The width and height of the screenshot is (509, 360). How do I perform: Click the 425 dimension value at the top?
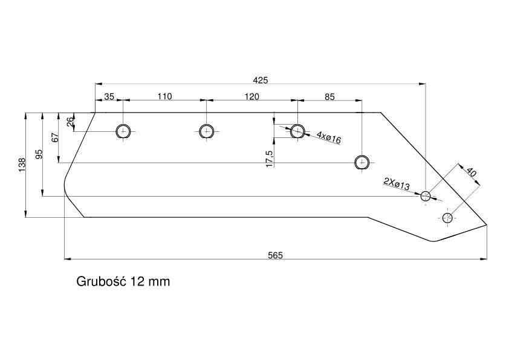pos(261,80)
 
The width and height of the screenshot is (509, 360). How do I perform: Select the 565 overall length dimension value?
pos(275,255)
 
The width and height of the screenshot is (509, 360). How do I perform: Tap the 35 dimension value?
pos(109,96)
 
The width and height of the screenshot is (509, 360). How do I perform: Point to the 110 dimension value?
pos(164,96)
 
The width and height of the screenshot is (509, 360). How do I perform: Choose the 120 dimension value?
pos(252,96)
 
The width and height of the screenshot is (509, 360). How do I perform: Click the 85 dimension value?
pos(329,97)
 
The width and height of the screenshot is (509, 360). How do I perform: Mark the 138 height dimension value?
pos(22,165)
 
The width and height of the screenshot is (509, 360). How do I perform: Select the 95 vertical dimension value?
pos(39,154)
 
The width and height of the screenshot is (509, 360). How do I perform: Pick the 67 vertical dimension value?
pos(55,137)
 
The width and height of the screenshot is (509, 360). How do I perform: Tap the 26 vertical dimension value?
pos(71,122)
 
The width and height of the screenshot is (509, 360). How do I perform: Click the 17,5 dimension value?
pos(270,159)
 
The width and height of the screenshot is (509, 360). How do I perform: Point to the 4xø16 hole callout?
pos(329,137)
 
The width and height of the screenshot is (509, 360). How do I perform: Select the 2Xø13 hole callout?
pos(397,184)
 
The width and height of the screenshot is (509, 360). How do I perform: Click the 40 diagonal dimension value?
pos(471,172)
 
